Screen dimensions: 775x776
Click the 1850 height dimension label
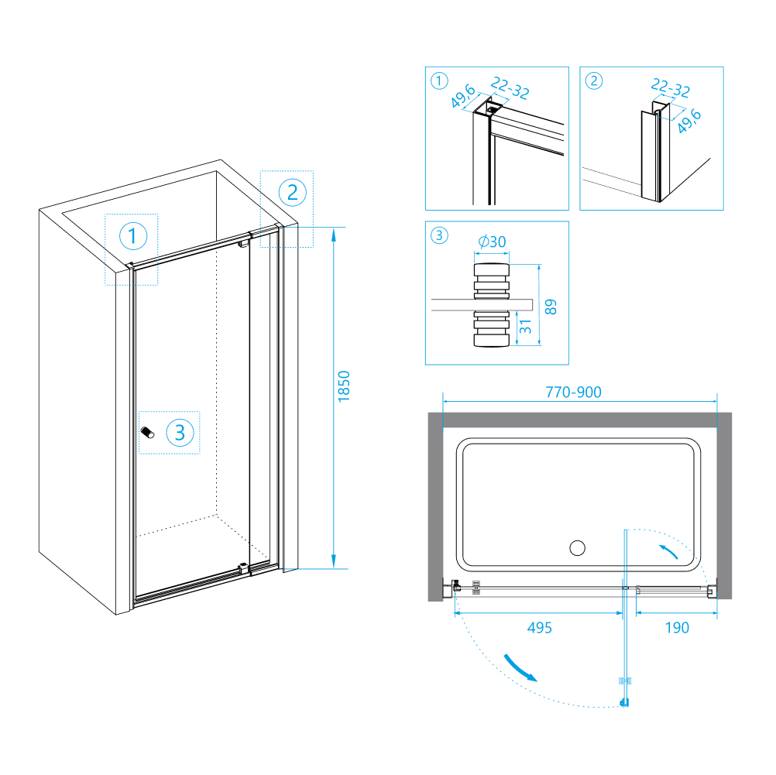tap(345, 386)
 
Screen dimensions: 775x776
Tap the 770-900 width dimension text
tap(573, 393)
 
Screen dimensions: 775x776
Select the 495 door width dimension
tap(539, 628)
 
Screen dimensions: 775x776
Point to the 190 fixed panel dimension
tap(677, 628)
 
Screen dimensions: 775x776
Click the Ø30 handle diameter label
tap(492, 242)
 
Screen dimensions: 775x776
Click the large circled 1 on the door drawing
tap(132, 236)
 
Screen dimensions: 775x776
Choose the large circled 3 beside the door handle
tap(180, 432)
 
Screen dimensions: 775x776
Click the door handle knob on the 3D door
tap(147, 434)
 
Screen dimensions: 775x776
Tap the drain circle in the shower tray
tap(577, 549)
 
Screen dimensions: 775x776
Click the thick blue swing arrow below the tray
tap(520, 667)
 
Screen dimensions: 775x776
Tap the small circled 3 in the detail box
tap(439, 235)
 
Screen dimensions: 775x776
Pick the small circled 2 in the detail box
tap(594, 81)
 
